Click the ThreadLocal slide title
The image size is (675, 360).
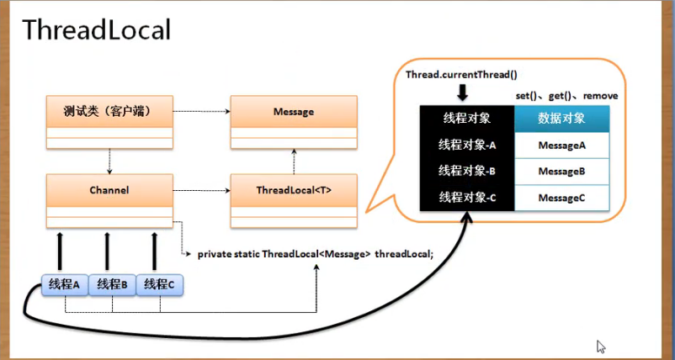[97, 31]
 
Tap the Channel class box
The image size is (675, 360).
[109, 191]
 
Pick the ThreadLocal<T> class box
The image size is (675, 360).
[294, 191]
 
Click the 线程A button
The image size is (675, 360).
[64, 284]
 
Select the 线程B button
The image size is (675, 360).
[112, 284]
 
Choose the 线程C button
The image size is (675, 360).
[159, 284]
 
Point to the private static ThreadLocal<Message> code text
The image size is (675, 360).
[315, 253]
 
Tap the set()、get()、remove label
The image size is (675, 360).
[566, 96]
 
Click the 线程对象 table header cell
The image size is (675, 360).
[466, 118]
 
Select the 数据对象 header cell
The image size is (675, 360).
[561, 118]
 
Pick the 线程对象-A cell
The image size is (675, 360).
[466, 145]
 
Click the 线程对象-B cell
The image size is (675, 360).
[466, 171]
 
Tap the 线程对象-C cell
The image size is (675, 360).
[466, 198]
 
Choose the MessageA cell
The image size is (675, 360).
[561, 145]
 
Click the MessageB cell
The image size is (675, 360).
[561, 171]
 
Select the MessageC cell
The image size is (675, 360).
[561, 198]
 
